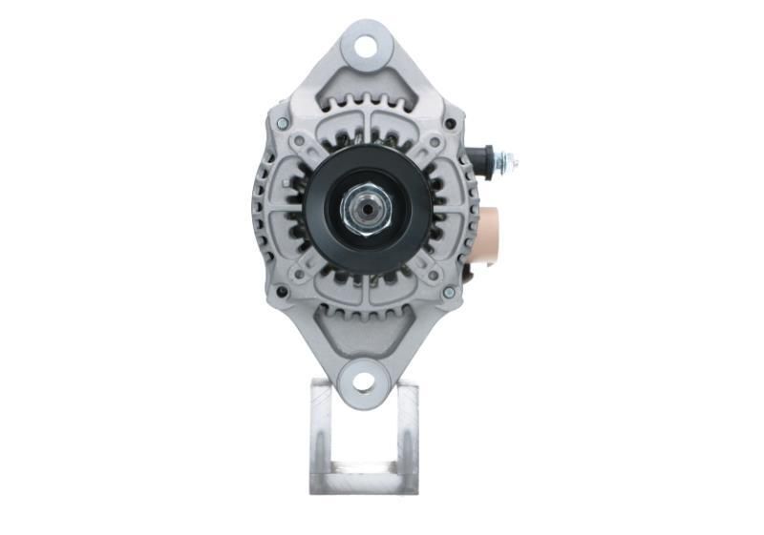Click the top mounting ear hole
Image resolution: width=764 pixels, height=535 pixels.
pos(364,43)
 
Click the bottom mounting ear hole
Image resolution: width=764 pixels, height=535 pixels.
pos(363,382)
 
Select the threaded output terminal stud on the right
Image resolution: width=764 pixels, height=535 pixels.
pos(507,161)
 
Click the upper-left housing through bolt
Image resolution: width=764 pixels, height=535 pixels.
pos(283,123)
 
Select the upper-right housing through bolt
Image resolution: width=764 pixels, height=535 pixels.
pos(446,123)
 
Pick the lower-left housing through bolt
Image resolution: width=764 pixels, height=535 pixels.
pos(283,291)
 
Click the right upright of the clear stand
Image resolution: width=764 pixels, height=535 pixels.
pos(408,434)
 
